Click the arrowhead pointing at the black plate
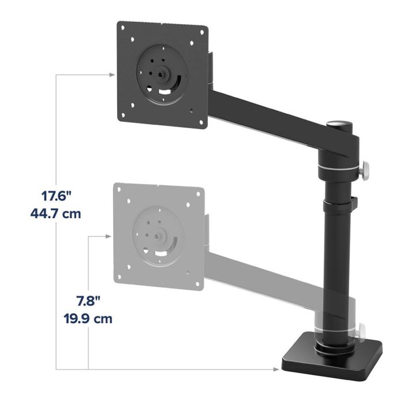[111, 74]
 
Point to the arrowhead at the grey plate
[107, 235]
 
